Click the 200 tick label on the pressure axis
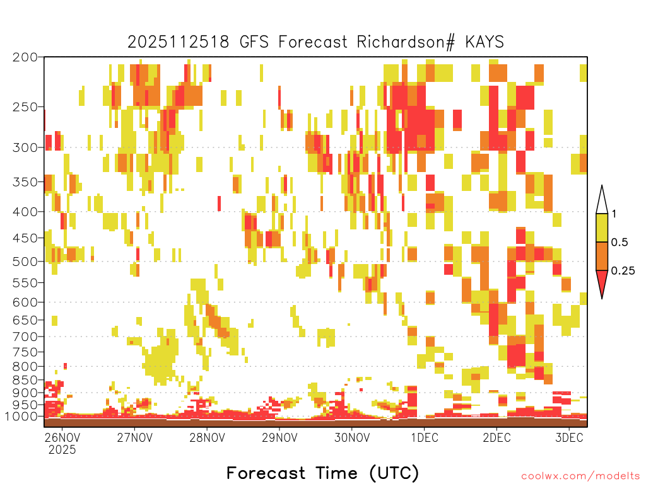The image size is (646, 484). point(25,57)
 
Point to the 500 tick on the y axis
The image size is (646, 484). point(25,262)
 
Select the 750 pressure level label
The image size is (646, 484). point(25,352)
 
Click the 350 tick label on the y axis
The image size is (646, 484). point(25,182)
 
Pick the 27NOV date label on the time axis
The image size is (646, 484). point(134,437)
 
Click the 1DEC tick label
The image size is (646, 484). point(425,437)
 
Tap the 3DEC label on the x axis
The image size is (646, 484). point(569,437)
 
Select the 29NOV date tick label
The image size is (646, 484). point(279,437)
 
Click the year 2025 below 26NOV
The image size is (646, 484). point(62,449)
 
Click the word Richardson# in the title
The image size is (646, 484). point(406,42)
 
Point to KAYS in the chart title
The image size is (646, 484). point(484,42)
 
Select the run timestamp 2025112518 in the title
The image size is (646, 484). point(178,42)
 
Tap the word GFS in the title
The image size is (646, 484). point(254,42)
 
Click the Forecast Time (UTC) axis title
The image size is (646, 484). point(322,473)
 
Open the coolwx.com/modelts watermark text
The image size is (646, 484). point(580,476)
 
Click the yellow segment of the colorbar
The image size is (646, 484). point(602,228)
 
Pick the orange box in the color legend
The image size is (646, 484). point(602,256)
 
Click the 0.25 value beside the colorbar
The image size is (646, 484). point(623,271)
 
